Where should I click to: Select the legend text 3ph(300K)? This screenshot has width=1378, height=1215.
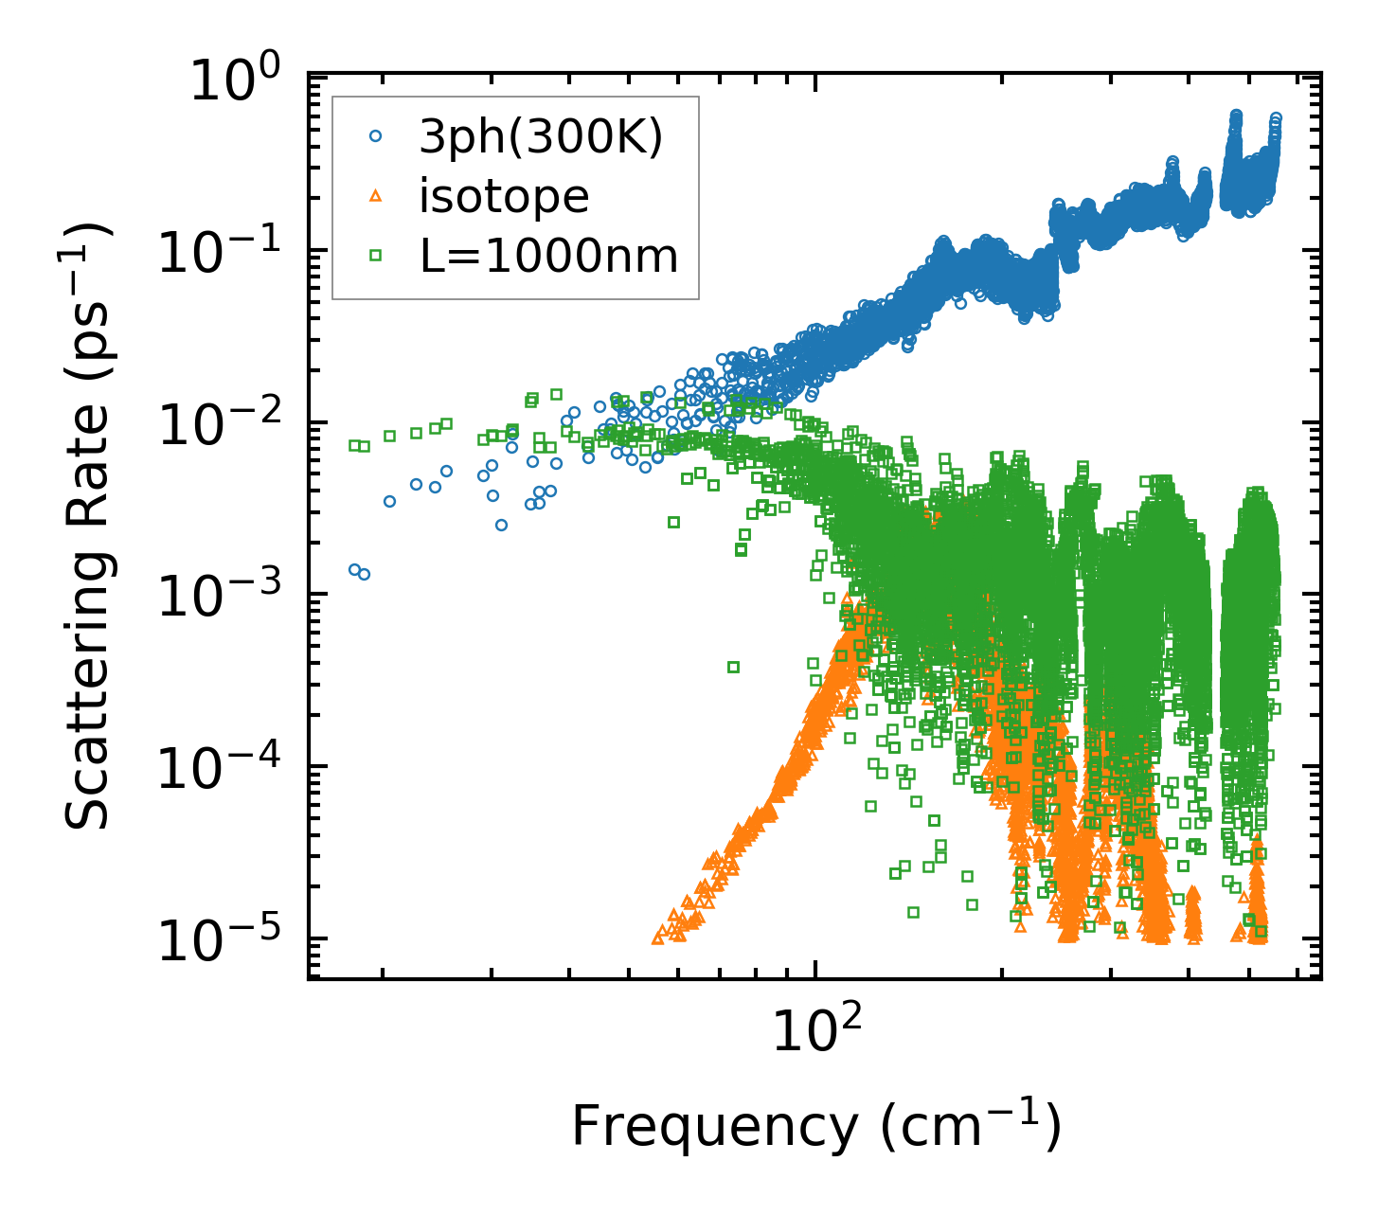pos(541,138)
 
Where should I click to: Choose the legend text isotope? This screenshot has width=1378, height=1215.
pos(504,197)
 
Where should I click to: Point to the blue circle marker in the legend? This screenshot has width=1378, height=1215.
pos(375,137)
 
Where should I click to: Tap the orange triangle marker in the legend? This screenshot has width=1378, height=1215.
pos(375,196)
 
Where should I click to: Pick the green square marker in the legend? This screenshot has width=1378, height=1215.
pos(375,255)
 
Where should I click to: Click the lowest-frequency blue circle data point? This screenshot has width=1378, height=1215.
pos(354,569)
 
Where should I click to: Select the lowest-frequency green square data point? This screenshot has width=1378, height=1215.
pos(353,445)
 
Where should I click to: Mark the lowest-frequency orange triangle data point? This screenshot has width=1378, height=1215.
pos(658,938)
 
